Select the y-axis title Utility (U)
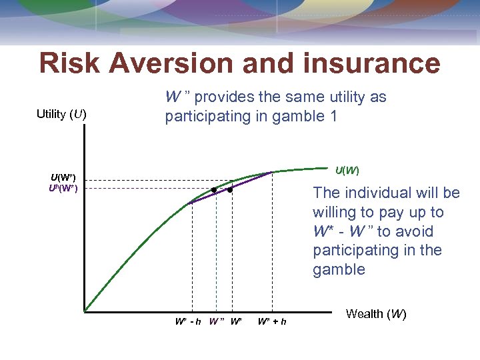[61, 114]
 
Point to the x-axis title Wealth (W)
[376, 314]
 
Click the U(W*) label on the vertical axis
[63, 177]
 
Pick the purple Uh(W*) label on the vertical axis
[63, 188]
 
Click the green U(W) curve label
[346, 171]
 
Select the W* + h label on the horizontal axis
[272, 321]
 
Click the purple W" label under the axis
[216, 321]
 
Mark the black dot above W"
[214, 190]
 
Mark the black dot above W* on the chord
[229, 190]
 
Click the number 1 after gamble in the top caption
[333, 116]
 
